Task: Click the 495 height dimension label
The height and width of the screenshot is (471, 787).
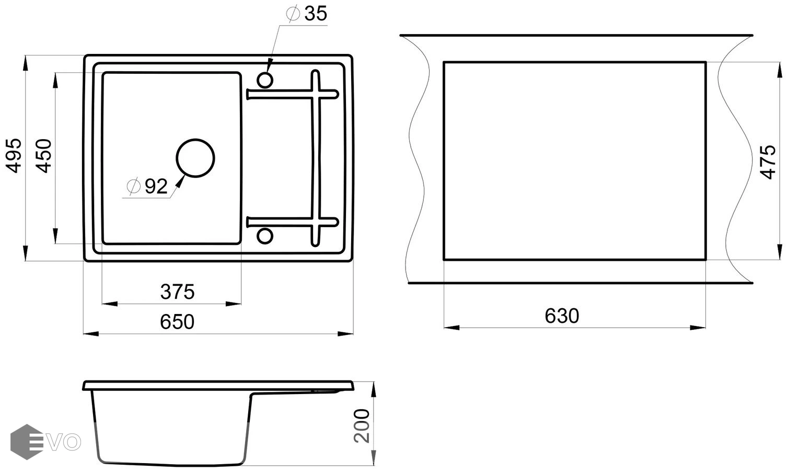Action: coord(15,156)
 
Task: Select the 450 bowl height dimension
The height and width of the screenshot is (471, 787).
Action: coord(44,156)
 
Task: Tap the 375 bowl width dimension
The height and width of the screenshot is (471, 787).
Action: coord(178,291)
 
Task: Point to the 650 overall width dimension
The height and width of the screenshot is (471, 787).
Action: coord(177,321)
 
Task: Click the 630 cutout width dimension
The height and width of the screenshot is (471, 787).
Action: coord(562,316)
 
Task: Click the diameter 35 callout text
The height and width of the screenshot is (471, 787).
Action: coord(307,14)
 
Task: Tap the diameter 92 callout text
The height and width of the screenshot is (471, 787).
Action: coord(147,186)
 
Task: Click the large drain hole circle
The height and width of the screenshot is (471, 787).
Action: coord(195,139)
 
